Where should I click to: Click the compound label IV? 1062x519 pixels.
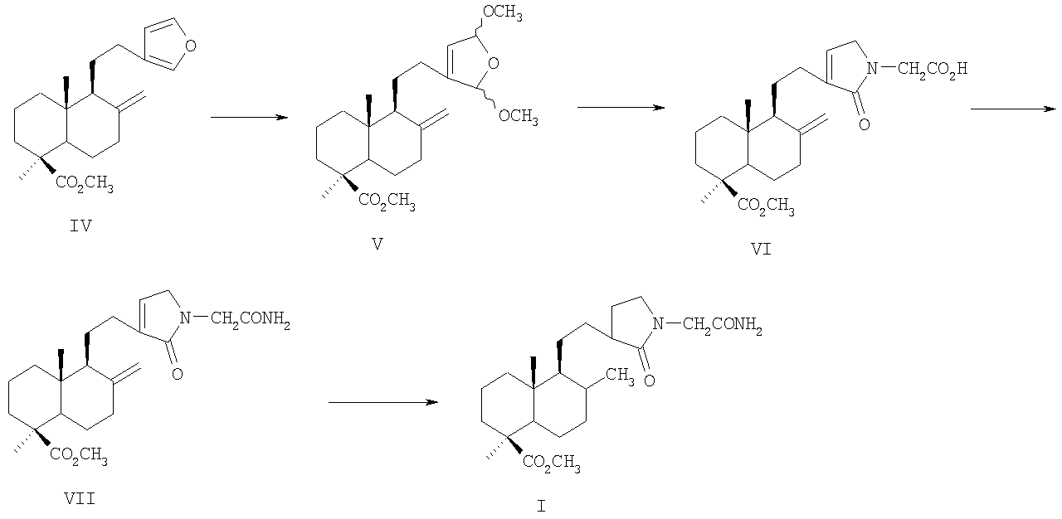80,226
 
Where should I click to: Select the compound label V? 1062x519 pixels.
377,244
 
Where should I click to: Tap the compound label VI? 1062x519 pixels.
761,249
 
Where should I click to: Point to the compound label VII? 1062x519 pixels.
80,498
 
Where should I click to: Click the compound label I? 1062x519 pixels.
541,507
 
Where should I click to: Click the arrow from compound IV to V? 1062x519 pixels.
250,117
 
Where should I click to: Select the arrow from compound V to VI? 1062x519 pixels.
621,108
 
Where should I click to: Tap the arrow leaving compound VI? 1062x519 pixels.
1014,109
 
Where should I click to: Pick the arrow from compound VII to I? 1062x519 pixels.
383,402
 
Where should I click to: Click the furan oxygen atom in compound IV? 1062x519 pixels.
191,46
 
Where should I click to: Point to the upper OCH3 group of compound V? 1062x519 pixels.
503,12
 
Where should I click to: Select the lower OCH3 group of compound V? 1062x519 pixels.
519,116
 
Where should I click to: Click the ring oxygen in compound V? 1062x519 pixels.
493,63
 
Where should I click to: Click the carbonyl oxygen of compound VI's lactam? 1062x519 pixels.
865,124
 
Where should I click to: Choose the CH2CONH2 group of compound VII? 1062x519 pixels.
250,318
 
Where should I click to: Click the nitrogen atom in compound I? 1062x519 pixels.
658,324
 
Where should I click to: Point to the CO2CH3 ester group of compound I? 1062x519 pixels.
552,463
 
